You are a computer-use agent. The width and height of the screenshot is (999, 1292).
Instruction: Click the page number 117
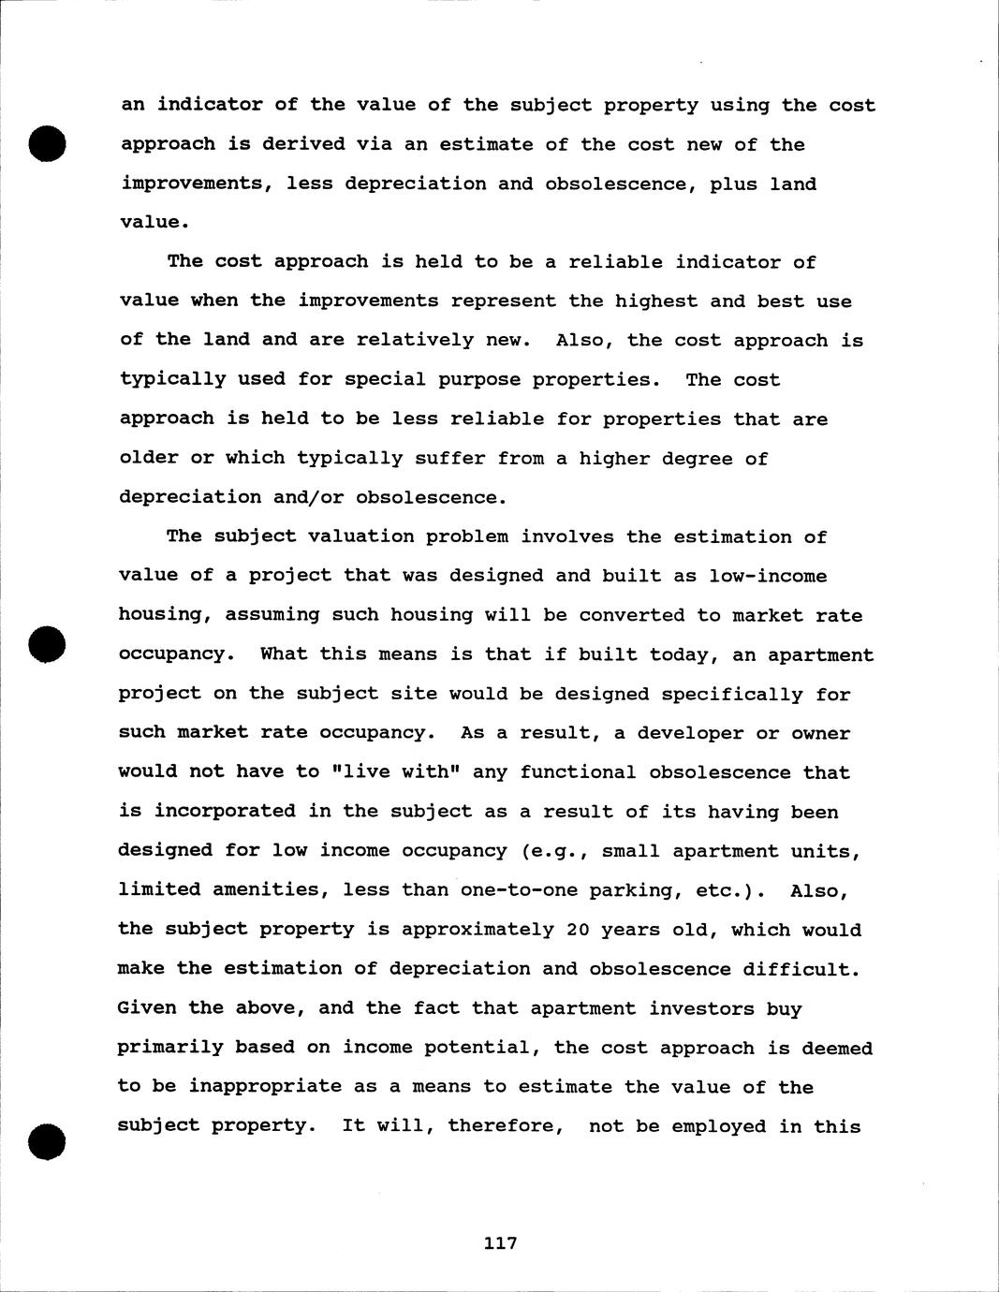501,1243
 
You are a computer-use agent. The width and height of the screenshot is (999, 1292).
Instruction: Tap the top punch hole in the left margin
45,143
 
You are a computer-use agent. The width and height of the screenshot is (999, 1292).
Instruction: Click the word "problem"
467,536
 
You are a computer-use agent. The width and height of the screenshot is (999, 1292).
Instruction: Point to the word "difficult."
801,969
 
